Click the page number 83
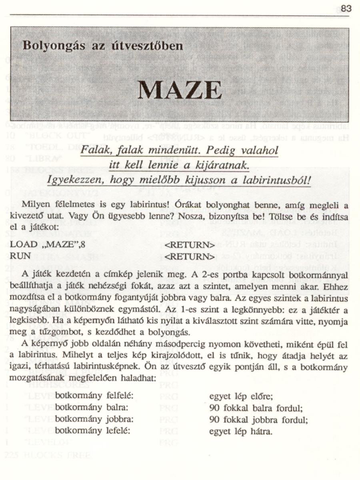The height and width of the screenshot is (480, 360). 346,8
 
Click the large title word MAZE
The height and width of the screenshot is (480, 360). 180,90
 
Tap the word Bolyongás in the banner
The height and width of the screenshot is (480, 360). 53,45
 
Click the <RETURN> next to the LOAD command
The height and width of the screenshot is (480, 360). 190,245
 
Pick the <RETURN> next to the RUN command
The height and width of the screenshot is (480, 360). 190,255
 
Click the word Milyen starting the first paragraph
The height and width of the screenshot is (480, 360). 36,205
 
